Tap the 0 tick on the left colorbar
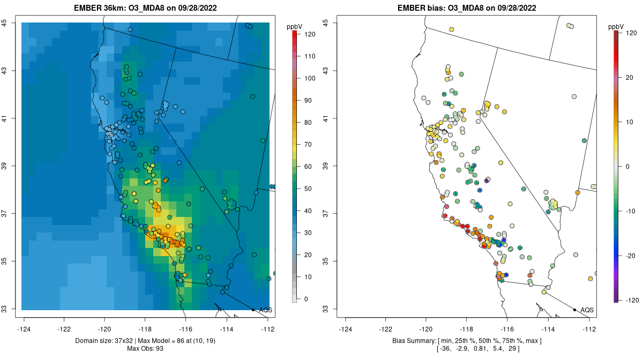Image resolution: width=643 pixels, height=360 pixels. (x=306, y=299)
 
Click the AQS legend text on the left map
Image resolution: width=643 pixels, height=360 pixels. (x=266, y=310)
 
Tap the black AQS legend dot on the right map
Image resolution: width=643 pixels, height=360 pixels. (x=574, y=310)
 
